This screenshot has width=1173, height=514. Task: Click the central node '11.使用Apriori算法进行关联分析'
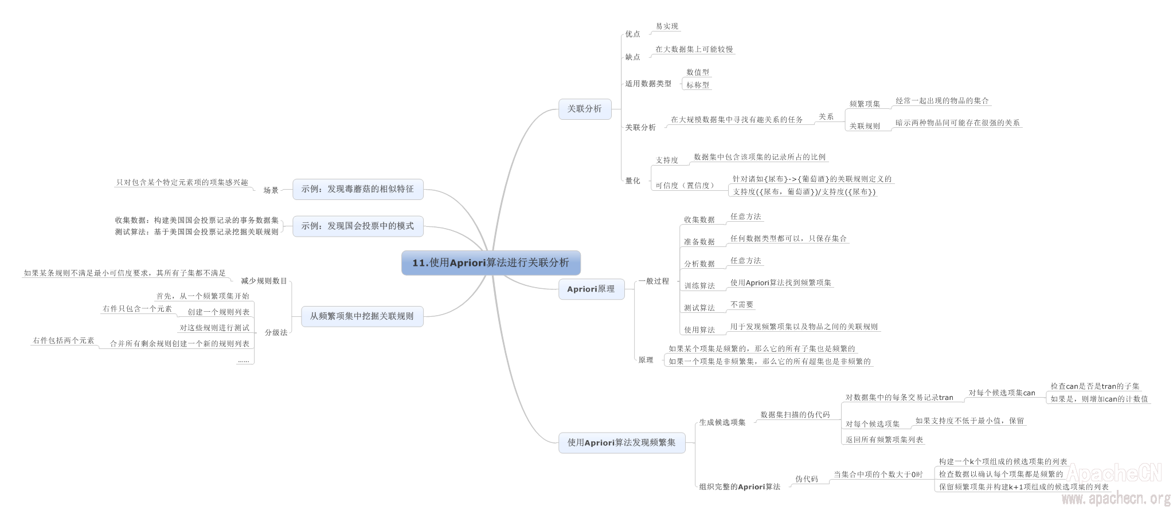coord(491,263)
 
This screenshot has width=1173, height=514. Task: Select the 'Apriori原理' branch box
coord(591,289)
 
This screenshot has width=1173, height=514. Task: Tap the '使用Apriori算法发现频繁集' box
coord(621,442)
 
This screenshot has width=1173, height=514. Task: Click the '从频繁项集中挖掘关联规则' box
coord(362,316)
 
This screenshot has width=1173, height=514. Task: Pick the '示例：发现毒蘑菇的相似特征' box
coord(357,189)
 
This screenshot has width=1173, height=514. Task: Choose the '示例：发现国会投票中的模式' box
coord(357,226)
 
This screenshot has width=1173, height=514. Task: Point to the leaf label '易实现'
coord(667,26)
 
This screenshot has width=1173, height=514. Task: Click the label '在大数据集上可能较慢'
coord(694,49)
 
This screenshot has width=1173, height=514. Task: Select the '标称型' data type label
coord(698,85)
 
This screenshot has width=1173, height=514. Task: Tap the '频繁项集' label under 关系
coord(865,104)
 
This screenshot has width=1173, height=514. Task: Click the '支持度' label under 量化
coord(667,160)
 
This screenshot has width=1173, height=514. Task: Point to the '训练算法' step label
coord(699,286)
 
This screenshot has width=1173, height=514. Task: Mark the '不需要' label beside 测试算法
coord(742,305)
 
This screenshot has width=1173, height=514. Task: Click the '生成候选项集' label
coord(722,422)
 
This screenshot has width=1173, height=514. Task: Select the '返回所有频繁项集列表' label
coord(884,440)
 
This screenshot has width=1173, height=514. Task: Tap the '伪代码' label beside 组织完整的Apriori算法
coord(806,479)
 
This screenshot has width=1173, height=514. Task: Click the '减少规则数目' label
coord(264,281)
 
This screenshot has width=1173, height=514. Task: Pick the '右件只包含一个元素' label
coord(137,309)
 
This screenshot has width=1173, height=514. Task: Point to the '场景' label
coord(271,190)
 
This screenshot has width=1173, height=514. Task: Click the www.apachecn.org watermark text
coord(1115,499)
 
